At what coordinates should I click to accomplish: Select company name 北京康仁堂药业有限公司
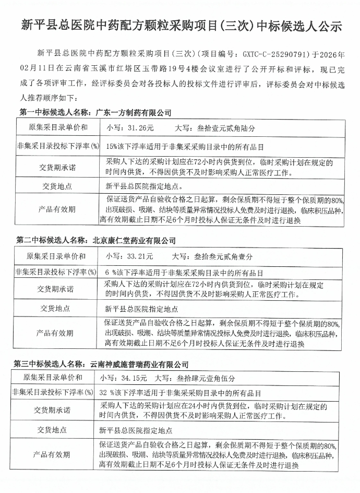(x=134, y=241)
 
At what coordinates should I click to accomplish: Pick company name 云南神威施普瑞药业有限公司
(x=139, y=365)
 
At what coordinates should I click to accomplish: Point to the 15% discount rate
(x=111, y=145)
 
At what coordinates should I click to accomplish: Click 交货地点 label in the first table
(x=57, y=186)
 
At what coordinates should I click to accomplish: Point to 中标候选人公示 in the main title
(x=302, y=25)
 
